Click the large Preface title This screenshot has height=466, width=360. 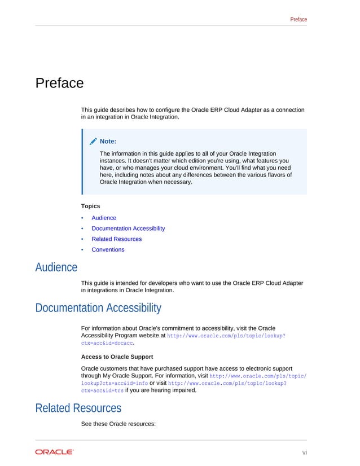(59, 83)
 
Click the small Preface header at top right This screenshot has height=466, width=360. (298, 19)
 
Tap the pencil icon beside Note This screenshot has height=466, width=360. (93, 141)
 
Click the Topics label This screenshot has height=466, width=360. (90, 206)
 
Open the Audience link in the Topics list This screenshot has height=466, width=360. (104, 218)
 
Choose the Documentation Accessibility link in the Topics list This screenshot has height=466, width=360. (128, 228)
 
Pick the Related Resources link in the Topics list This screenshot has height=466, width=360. (116, 239)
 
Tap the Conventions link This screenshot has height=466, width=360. (108, 249)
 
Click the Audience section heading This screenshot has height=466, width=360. (56, 267)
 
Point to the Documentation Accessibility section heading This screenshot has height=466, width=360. (98, 308)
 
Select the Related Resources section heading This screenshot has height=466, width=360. (78, 407)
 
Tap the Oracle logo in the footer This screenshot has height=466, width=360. (54, 452)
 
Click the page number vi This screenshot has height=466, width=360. (305, 452)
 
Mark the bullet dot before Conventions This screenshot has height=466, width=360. (82, 249)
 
